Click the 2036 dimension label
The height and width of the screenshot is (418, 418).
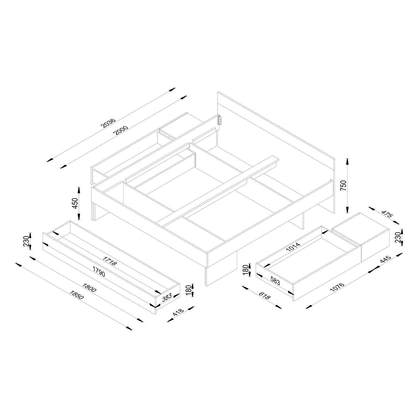coord(108,123)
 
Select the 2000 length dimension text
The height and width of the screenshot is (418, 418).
coord(121,130)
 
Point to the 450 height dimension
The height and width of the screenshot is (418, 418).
coord(75,203)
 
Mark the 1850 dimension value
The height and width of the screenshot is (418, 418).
coord(77,295)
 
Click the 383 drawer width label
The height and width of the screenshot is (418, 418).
coord(167,297)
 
